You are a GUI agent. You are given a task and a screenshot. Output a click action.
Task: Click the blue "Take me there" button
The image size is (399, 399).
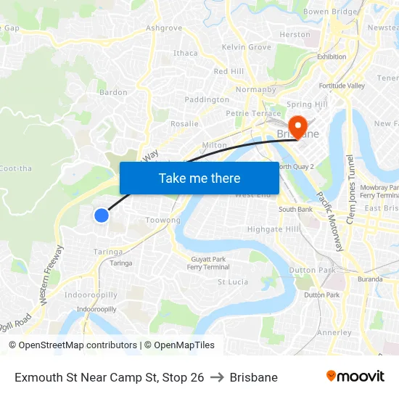point(199,178)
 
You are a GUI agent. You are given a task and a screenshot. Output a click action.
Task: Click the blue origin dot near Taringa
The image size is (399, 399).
point(102,215)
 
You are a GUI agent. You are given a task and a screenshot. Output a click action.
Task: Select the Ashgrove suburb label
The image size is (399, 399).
point(164,28)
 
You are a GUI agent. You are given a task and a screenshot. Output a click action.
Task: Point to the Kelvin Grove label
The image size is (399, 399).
point(247,47)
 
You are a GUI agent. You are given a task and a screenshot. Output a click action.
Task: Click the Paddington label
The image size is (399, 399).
point(207,99)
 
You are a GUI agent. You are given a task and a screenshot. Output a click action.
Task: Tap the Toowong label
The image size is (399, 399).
point(163,220)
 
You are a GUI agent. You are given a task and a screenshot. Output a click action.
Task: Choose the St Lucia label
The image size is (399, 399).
point(233,281)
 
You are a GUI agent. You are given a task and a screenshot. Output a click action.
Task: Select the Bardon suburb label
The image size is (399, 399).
point(113,92)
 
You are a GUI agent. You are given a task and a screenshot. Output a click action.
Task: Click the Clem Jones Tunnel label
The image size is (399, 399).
point(350,189)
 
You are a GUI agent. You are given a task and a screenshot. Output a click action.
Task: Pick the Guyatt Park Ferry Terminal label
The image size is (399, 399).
point(209,263)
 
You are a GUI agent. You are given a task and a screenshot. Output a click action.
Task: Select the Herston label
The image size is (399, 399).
point(295,34)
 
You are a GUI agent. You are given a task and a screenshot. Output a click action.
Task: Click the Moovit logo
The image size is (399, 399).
point(355,377)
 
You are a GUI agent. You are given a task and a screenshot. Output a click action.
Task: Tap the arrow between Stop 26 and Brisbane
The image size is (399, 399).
point(217,377)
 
